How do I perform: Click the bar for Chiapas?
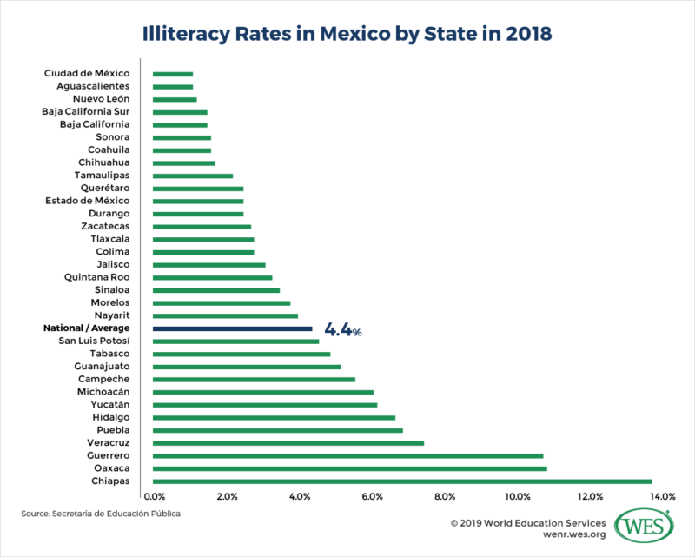click(401, 481)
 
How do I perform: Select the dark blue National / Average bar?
click(232, 329)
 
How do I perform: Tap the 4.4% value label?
click(343, 330)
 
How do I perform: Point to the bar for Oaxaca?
click(349, 468)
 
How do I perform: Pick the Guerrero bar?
click(347, 455)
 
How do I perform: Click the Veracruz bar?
click(288, 443)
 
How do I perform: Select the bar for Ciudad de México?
click(172, 74)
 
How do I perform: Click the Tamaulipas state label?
click(103, 175)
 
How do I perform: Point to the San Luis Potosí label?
click(94, 341)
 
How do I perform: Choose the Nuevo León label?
click(100, 99)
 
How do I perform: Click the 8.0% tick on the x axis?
click(444, 497)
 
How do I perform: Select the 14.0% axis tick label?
click(662, 497)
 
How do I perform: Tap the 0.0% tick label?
click(154, 497)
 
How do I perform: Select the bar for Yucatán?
click(264, 405)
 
